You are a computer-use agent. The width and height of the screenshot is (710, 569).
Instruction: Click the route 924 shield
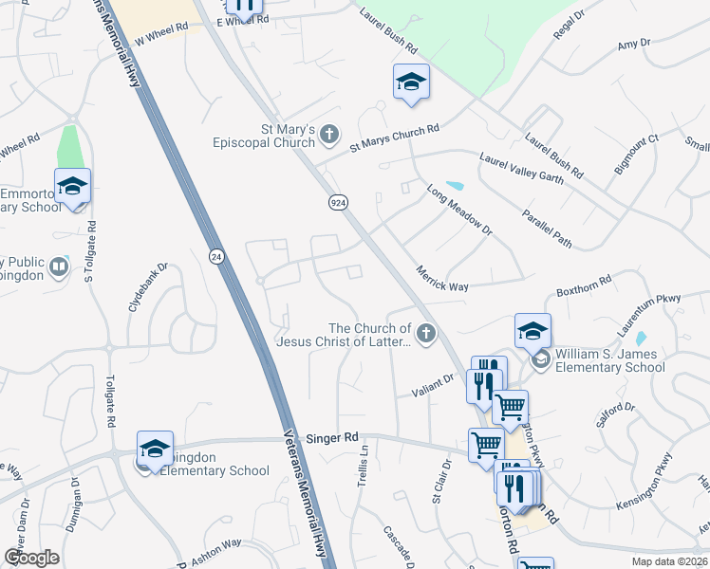[x=337, y=203]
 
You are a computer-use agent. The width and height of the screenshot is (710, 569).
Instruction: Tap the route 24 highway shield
[x=216, y=256]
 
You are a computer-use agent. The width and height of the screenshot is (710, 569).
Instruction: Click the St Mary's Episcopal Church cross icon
[x=329, y=134]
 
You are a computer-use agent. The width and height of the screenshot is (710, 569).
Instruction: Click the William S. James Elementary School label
[x=609, y=360]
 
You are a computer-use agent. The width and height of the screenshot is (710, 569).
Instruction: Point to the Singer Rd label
[x=332, y=439]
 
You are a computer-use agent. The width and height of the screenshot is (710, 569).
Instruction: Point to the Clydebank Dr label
[x=147, y=288]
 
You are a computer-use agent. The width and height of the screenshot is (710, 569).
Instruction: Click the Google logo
[x=31, y=558]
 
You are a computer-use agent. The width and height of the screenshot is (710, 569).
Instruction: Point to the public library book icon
[x=59, y=267]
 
